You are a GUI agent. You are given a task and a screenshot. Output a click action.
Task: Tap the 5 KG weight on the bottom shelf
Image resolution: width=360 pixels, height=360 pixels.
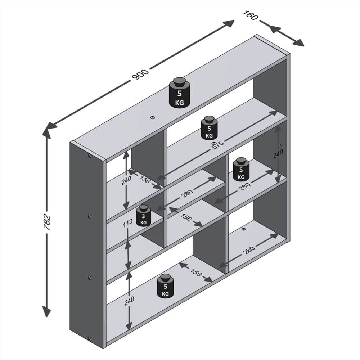pyautogui.click(x=165, y=286)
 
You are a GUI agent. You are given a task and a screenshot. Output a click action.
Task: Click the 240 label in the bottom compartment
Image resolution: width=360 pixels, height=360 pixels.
pyautogui.click(x=129, y=301)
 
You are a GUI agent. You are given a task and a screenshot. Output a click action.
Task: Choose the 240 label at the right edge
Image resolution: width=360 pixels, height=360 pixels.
pyautogui.click(x=278, y=154)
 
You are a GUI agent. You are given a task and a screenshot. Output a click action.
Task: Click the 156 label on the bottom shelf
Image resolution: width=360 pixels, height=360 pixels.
pyautogui.click(x=195, y=273)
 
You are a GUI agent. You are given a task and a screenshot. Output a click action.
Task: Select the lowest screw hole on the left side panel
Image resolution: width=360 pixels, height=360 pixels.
pyautogui.click(x=89, y=338)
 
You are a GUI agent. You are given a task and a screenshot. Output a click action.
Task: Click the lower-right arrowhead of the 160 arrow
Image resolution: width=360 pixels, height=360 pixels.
pyautogui.click(x=300, y=43)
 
